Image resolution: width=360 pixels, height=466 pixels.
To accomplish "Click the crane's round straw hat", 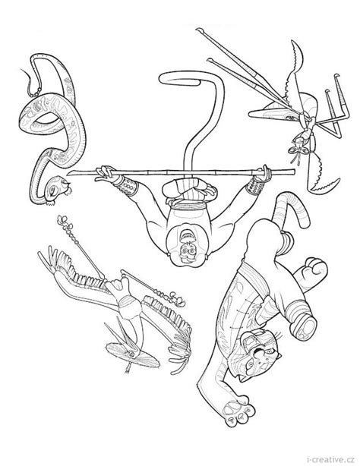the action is pos(133,354).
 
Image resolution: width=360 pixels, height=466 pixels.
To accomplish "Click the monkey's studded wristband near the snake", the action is pos(125,185).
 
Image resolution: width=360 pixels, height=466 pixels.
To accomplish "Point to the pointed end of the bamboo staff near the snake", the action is pos(70,174).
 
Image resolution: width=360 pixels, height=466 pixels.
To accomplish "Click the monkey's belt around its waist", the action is pos(187,205).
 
